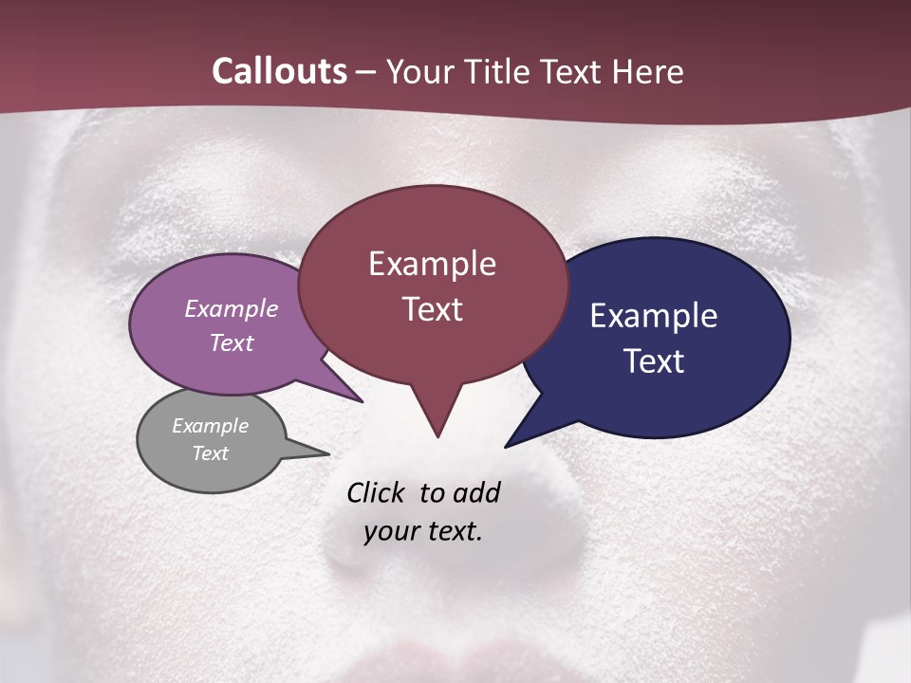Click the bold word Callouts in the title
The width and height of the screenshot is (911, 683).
[279, 71]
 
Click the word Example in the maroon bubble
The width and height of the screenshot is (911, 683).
[432, 264]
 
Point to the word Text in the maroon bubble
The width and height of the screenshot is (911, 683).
[432, 309]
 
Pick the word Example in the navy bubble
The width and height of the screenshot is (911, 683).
[654, 316]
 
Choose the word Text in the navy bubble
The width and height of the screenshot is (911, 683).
[654, 361]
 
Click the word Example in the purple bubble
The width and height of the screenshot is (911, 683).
[232, 308]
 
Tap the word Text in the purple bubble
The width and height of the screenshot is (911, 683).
[232, 342]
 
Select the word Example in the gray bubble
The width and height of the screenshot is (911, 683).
[211, 426]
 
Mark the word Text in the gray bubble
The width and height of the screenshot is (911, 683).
[211, 453]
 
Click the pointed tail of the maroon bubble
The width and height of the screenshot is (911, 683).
[437, 432]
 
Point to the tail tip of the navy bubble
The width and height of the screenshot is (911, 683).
[509, 444]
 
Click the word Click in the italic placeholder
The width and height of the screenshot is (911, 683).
[378, 492]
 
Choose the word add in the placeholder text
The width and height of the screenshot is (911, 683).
[476, 492]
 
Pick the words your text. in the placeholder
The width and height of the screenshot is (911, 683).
[423, 531]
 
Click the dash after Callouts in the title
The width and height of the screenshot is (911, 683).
[366, 72]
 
